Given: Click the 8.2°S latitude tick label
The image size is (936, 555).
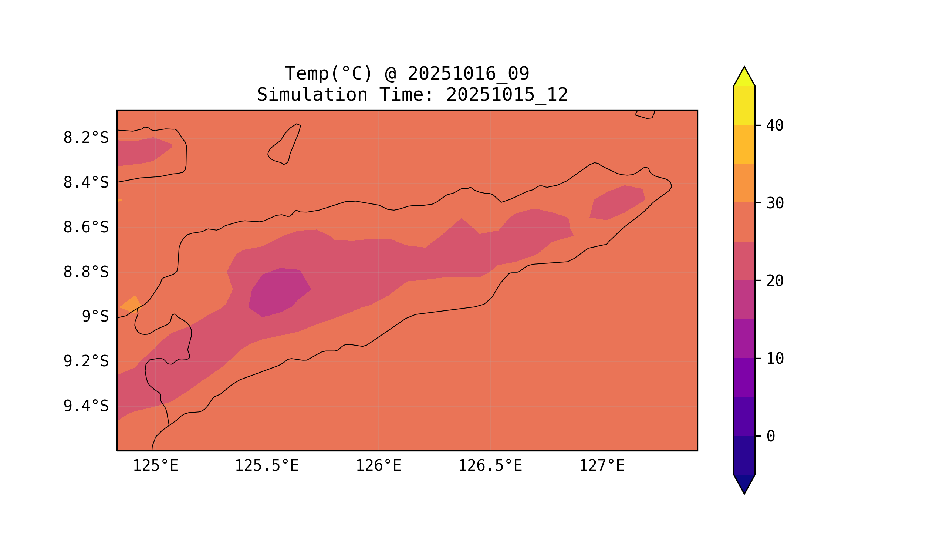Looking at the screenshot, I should coord(85,138).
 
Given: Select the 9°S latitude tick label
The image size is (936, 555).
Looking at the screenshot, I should coord(95,317).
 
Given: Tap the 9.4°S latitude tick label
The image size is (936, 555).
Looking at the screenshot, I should coord(85,406).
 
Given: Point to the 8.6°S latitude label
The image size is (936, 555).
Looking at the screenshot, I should coord(85,228).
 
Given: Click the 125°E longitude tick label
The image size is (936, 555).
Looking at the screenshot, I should coord(155,466).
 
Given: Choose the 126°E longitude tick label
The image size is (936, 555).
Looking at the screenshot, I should coord(378,466).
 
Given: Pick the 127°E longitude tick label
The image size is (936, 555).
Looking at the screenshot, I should coord(601,466).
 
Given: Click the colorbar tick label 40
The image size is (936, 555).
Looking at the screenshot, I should coord(775,126).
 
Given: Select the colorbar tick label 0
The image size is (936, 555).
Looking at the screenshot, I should coord(771,437).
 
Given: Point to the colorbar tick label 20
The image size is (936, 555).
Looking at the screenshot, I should coord(775,281).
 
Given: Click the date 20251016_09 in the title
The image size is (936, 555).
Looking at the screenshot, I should coord(468,74).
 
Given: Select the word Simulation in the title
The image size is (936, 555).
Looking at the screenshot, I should coord(312,95).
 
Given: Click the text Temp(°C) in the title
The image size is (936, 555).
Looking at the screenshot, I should coord(328,74).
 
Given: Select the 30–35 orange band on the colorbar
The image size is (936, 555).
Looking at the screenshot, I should coord(744,183).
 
